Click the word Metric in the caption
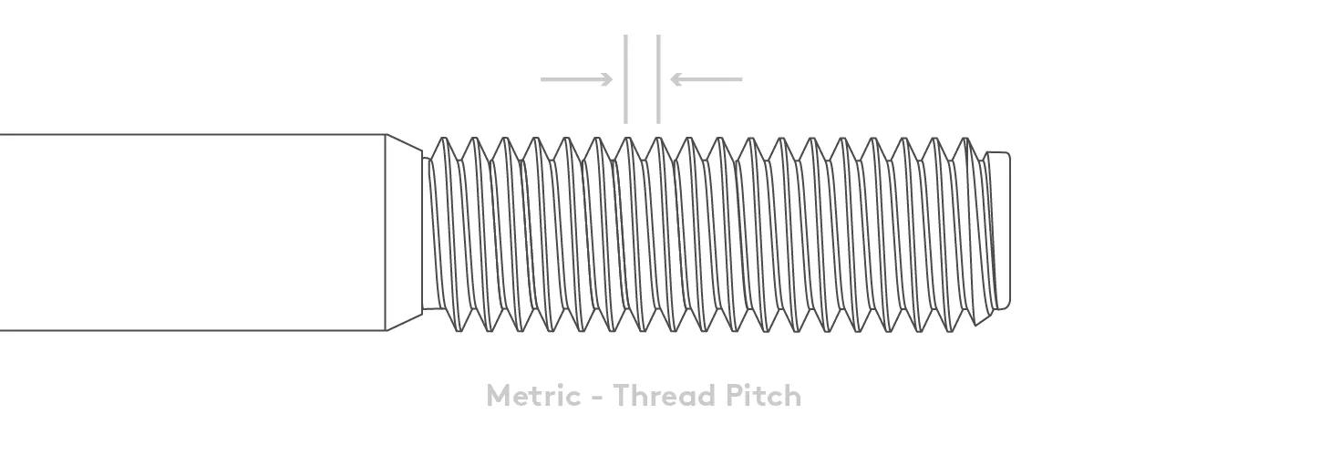click(x=532, y=396)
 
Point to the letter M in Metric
click(x=499, y=396)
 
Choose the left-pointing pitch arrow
click(x=707, y=79)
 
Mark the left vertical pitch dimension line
click(x=625, y=78)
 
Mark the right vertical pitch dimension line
click(x=658, y=78)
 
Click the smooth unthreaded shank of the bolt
click(x=191, y=232)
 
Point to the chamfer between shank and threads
click(x=404, y=232)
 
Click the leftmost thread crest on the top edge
click(x=443, y=140)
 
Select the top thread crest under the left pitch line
click(x=627, y=140)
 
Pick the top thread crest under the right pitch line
click(x=658, y=140)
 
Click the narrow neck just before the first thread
click(x=426, y=233)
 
